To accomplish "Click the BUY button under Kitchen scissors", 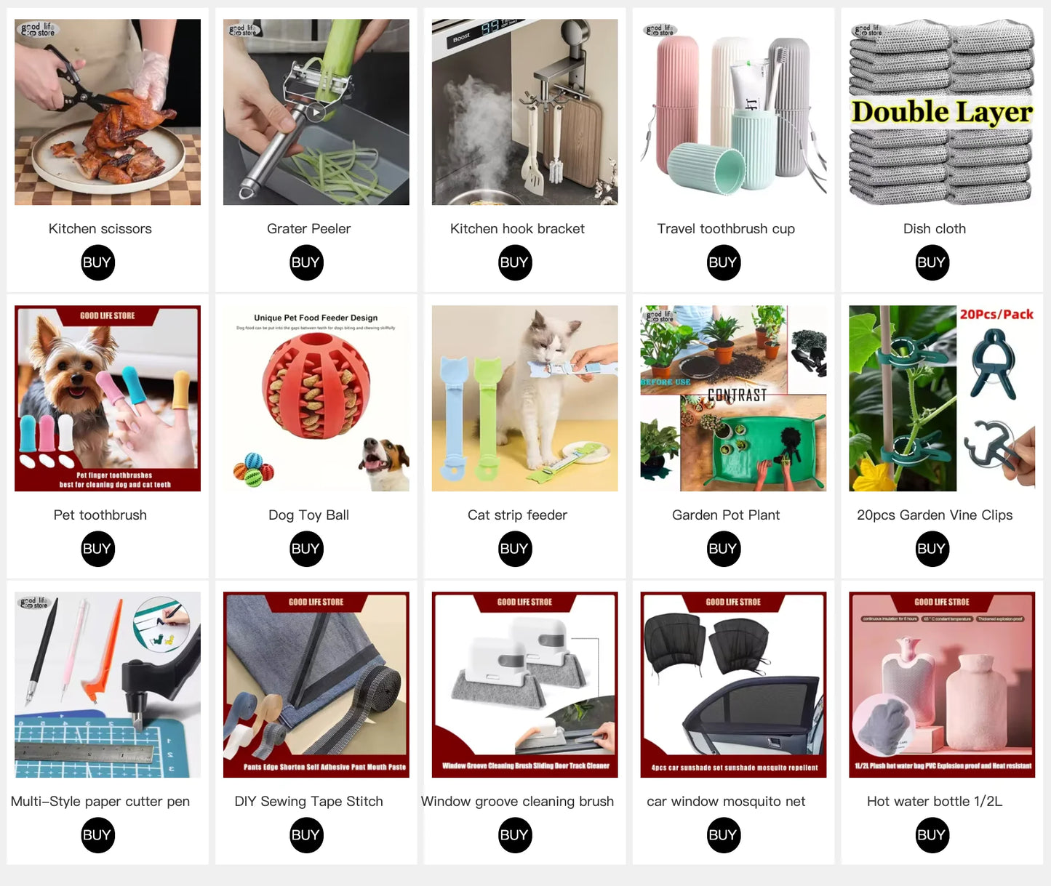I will [97, 262].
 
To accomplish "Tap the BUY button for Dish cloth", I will [932, 262].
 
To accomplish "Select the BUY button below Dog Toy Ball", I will [306, 549].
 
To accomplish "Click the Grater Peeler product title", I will [308, 229].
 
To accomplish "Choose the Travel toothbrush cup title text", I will [725, 229].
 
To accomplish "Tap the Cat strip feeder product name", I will [517, 515].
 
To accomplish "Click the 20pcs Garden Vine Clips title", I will [934, 515].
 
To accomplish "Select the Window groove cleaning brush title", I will [517, 802].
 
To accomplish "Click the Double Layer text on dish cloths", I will [941, 113].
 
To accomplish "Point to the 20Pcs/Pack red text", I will [996, 315].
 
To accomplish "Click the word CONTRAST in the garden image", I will [737, 395].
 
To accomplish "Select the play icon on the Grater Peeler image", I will [315, 113].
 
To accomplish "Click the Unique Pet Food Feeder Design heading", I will [316, 318].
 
